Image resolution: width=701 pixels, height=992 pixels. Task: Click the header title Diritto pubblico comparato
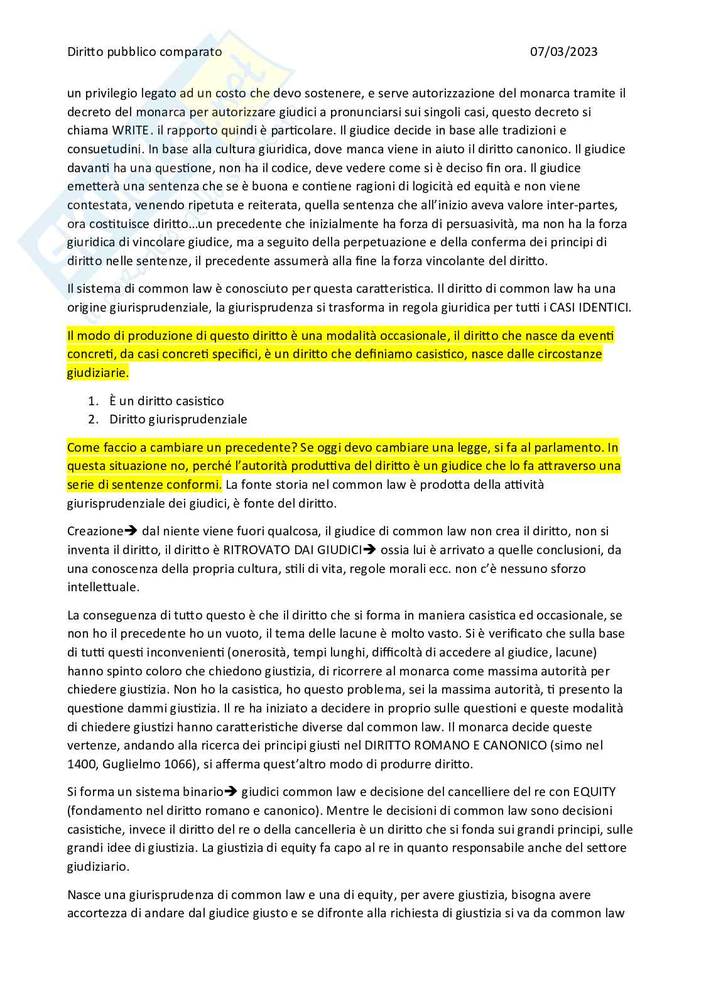pos(144,52)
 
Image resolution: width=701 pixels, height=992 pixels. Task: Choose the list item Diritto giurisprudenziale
pos(178,419)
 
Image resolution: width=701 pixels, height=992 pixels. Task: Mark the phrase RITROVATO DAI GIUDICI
pos(288,550)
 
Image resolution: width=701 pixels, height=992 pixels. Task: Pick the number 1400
pos(80,765)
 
